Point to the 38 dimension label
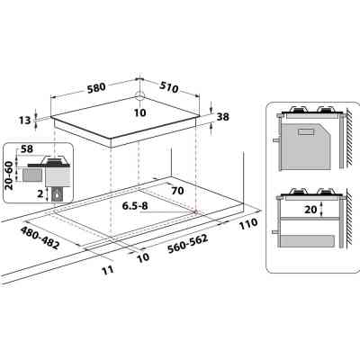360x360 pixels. [x=224, y=116]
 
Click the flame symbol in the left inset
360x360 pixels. [x=58, y=193]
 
